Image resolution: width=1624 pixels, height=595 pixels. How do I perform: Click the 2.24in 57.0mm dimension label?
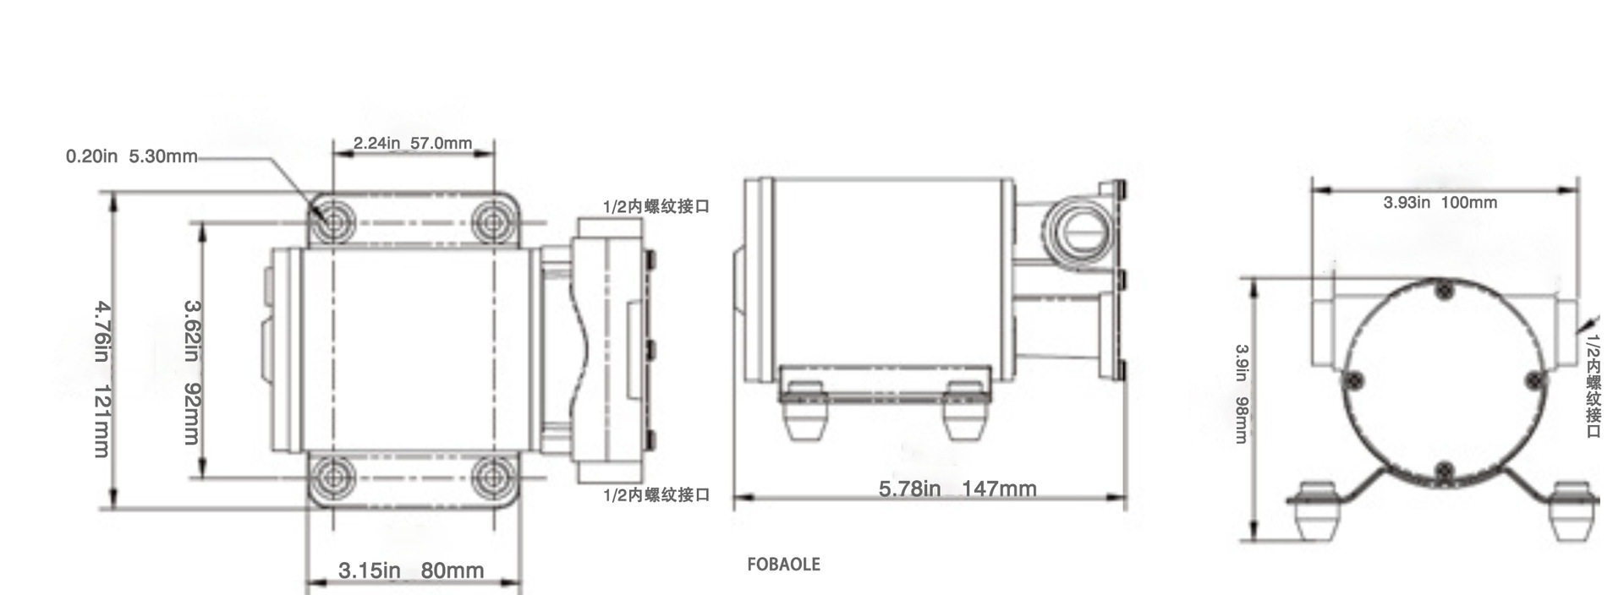[413, 143]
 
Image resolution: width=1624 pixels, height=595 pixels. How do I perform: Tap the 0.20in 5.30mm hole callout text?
[132, 157]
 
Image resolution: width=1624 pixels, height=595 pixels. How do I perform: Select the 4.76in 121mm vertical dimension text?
[101, 379]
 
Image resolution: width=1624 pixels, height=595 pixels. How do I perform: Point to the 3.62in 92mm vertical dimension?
[193, 372]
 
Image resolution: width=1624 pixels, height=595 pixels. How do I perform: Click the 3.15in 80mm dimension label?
[411, 570]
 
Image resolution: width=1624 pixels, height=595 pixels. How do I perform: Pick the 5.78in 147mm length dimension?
[957, 489]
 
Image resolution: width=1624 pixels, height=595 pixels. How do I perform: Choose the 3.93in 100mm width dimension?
[1440, 203]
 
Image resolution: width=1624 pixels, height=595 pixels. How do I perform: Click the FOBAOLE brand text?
[783, 564]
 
